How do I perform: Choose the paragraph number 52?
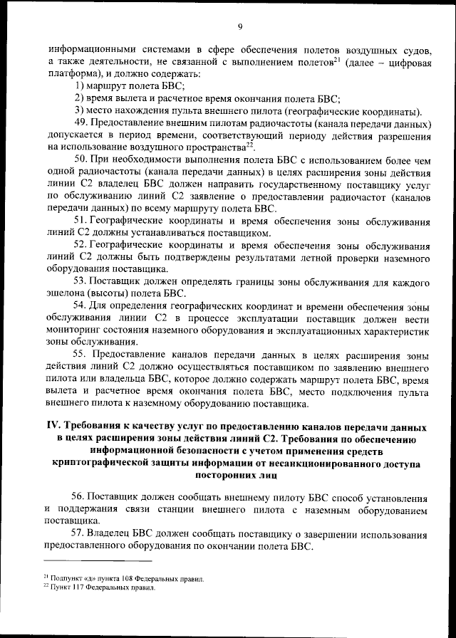click(80, 244)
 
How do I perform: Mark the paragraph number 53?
click(80, 281)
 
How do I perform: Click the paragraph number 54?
click(80, 306)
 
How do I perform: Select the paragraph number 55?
click(80, 355)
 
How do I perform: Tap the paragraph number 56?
click(80, 496)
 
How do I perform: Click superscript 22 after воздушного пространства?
click(250, 144)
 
